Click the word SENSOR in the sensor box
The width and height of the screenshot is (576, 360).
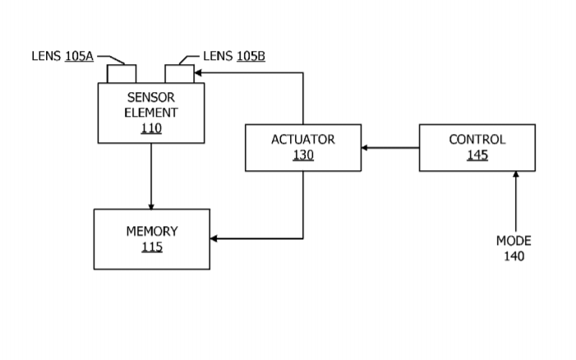(x=151, y=98)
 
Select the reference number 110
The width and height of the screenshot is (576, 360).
(x=151, y=128)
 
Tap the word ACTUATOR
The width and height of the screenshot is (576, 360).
(x=303, y=140)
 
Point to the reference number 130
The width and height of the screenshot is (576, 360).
(x=303, y=155)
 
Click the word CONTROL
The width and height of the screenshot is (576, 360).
(x=477, y=140)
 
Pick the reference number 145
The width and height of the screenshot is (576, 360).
(x=477, y=155)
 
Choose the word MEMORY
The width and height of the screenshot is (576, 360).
(x=151, y=231)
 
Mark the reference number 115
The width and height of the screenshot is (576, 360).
(x=151, y=247)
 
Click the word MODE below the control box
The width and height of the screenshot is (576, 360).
(x=514, y=241)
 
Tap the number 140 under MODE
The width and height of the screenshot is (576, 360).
(x=514, y=256)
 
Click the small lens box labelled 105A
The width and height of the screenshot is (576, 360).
(x=122, y=74)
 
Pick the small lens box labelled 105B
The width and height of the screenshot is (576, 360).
(x=179, y=74)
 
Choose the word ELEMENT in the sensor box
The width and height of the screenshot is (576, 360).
(x=151, y=113)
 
